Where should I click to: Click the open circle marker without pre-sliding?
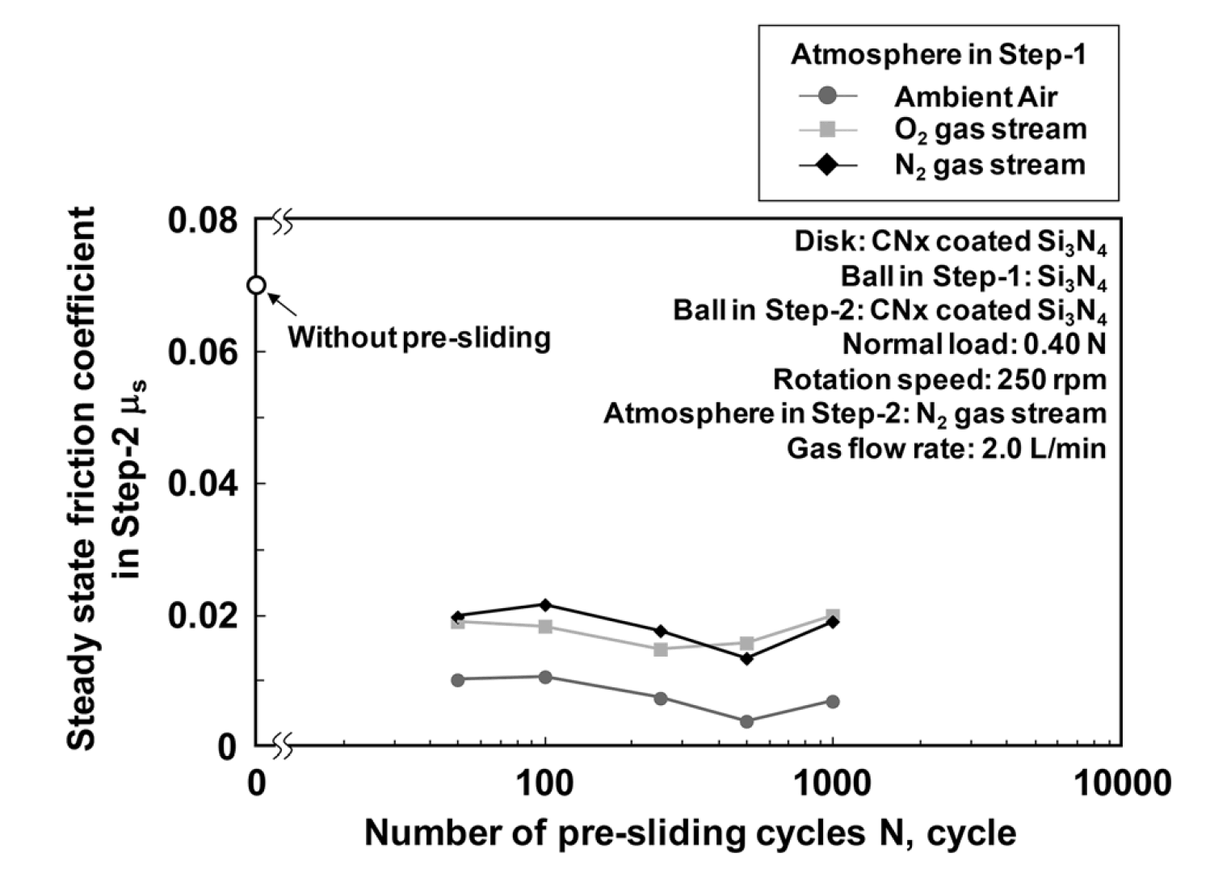pyautogui.click(x=256, y=285)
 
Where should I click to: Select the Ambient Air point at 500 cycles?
pyautogui.click(x=746, y=721)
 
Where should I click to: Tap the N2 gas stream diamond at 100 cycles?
pyautogui.click(x=545, y=605)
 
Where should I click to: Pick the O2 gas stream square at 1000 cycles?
pyautogui.click(x=833, y=615)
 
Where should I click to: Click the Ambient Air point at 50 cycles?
pyautogui.click(x=458, y=679)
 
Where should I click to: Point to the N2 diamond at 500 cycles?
pyautogui.click(x=746, y=658)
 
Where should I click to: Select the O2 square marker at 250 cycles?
pyautogui.click(x=661, y=649)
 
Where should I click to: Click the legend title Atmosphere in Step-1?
pyautogui.click(x=939, y=55)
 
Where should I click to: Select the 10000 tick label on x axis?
pyautogui.click(x=1121, y=783)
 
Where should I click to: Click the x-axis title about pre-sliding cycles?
pyautogui.click(x=690, y=833)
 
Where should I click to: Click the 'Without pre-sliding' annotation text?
pyautogui.click(x=419, y=337)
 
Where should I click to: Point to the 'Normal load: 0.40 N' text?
pyautogui.click(x=973, y=344)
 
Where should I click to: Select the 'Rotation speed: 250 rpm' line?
pyautogui.click(x=939, y=379)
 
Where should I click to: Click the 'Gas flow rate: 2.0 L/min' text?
pyautogui.click(x=946, y=448)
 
